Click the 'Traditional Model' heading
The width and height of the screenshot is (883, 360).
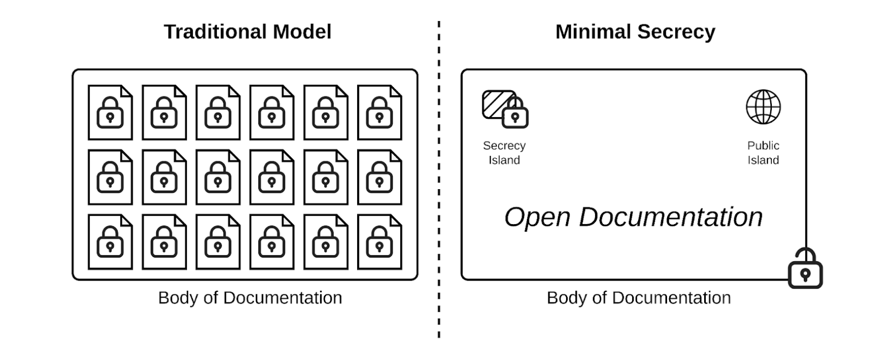pyautogui.click(x=247, y=32)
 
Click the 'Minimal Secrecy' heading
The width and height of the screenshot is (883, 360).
pyautogui.click(x=635, y=32)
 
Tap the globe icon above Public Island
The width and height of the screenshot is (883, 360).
pyautogui.click(x=763, y=107)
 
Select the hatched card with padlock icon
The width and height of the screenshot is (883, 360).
pyautogui.click(x=504, y=109)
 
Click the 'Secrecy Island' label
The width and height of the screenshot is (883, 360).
pyautogui.click(x=504, y=153)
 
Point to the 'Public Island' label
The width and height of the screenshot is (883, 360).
pyautogui.click(x=763, y=153)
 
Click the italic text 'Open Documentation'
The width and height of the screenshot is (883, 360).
pyautogui.click(x=633, y=217)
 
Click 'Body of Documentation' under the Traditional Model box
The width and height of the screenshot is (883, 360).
pyautogui.click(x=250, y=298)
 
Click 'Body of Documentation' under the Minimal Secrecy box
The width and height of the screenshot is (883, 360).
pyautogui.click(x=639, y=298)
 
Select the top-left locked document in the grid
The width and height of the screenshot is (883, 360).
pyautogui.click(x=110, y=112)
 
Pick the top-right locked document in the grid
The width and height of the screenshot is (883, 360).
pyautogui.click(x=379, y=112)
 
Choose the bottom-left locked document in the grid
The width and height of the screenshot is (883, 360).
pyautogui.click(x=110, y=242)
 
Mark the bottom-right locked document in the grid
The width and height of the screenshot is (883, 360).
pyautogui.click(x=379, y=242)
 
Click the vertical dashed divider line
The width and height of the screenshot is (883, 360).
pyautogui.click(x=439, y=177)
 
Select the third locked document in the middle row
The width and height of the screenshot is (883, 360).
pyautogui.click(x=218, y=177)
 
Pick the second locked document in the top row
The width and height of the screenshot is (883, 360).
pyautogui.click(x=164, y=112)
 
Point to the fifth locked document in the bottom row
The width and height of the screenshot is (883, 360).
pyautogui.click(x=325, y=242)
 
